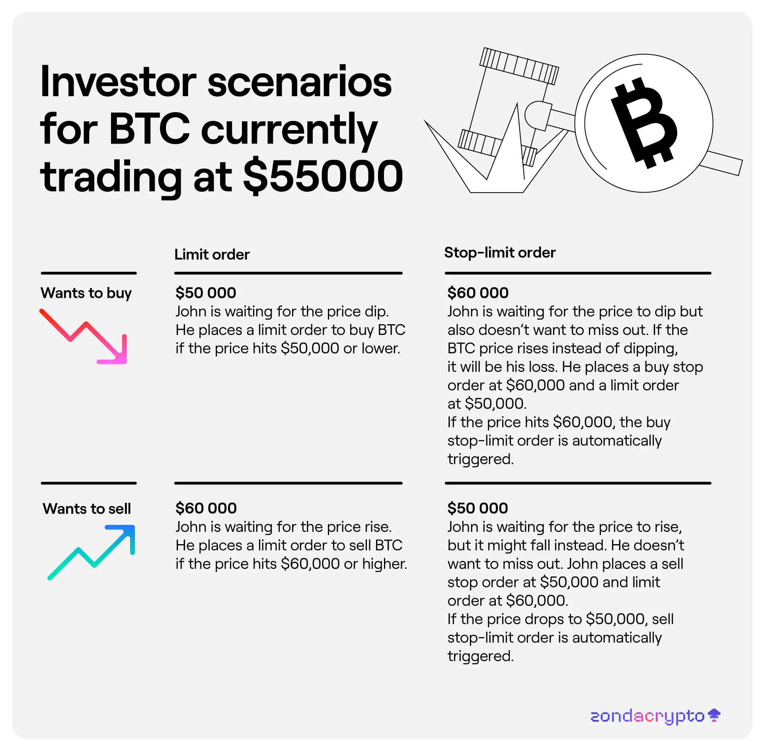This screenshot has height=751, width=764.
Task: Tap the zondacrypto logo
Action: [655, 716]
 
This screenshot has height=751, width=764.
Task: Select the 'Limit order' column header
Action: [212, 255]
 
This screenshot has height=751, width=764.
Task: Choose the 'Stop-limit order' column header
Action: [500, 253]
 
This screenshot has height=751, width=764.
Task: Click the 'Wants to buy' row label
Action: [86, 293]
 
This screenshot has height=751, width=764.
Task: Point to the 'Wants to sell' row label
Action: [87, 509]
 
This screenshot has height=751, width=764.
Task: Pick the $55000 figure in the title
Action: [323, 176]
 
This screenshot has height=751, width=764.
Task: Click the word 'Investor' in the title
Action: [118, 82]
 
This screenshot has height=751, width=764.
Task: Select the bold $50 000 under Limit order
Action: [206, 293]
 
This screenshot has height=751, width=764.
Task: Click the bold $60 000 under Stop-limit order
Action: [478, 293]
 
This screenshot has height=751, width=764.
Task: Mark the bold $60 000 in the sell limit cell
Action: [206, 508]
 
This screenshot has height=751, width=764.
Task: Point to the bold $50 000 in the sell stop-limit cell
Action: [477, 508]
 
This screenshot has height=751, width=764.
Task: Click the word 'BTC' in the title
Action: [149, 128]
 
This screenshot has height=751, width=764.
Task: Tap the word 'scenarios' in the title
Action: [300, 82]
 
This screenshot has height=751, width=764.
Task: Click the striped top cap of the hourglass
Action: [519, 66]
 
